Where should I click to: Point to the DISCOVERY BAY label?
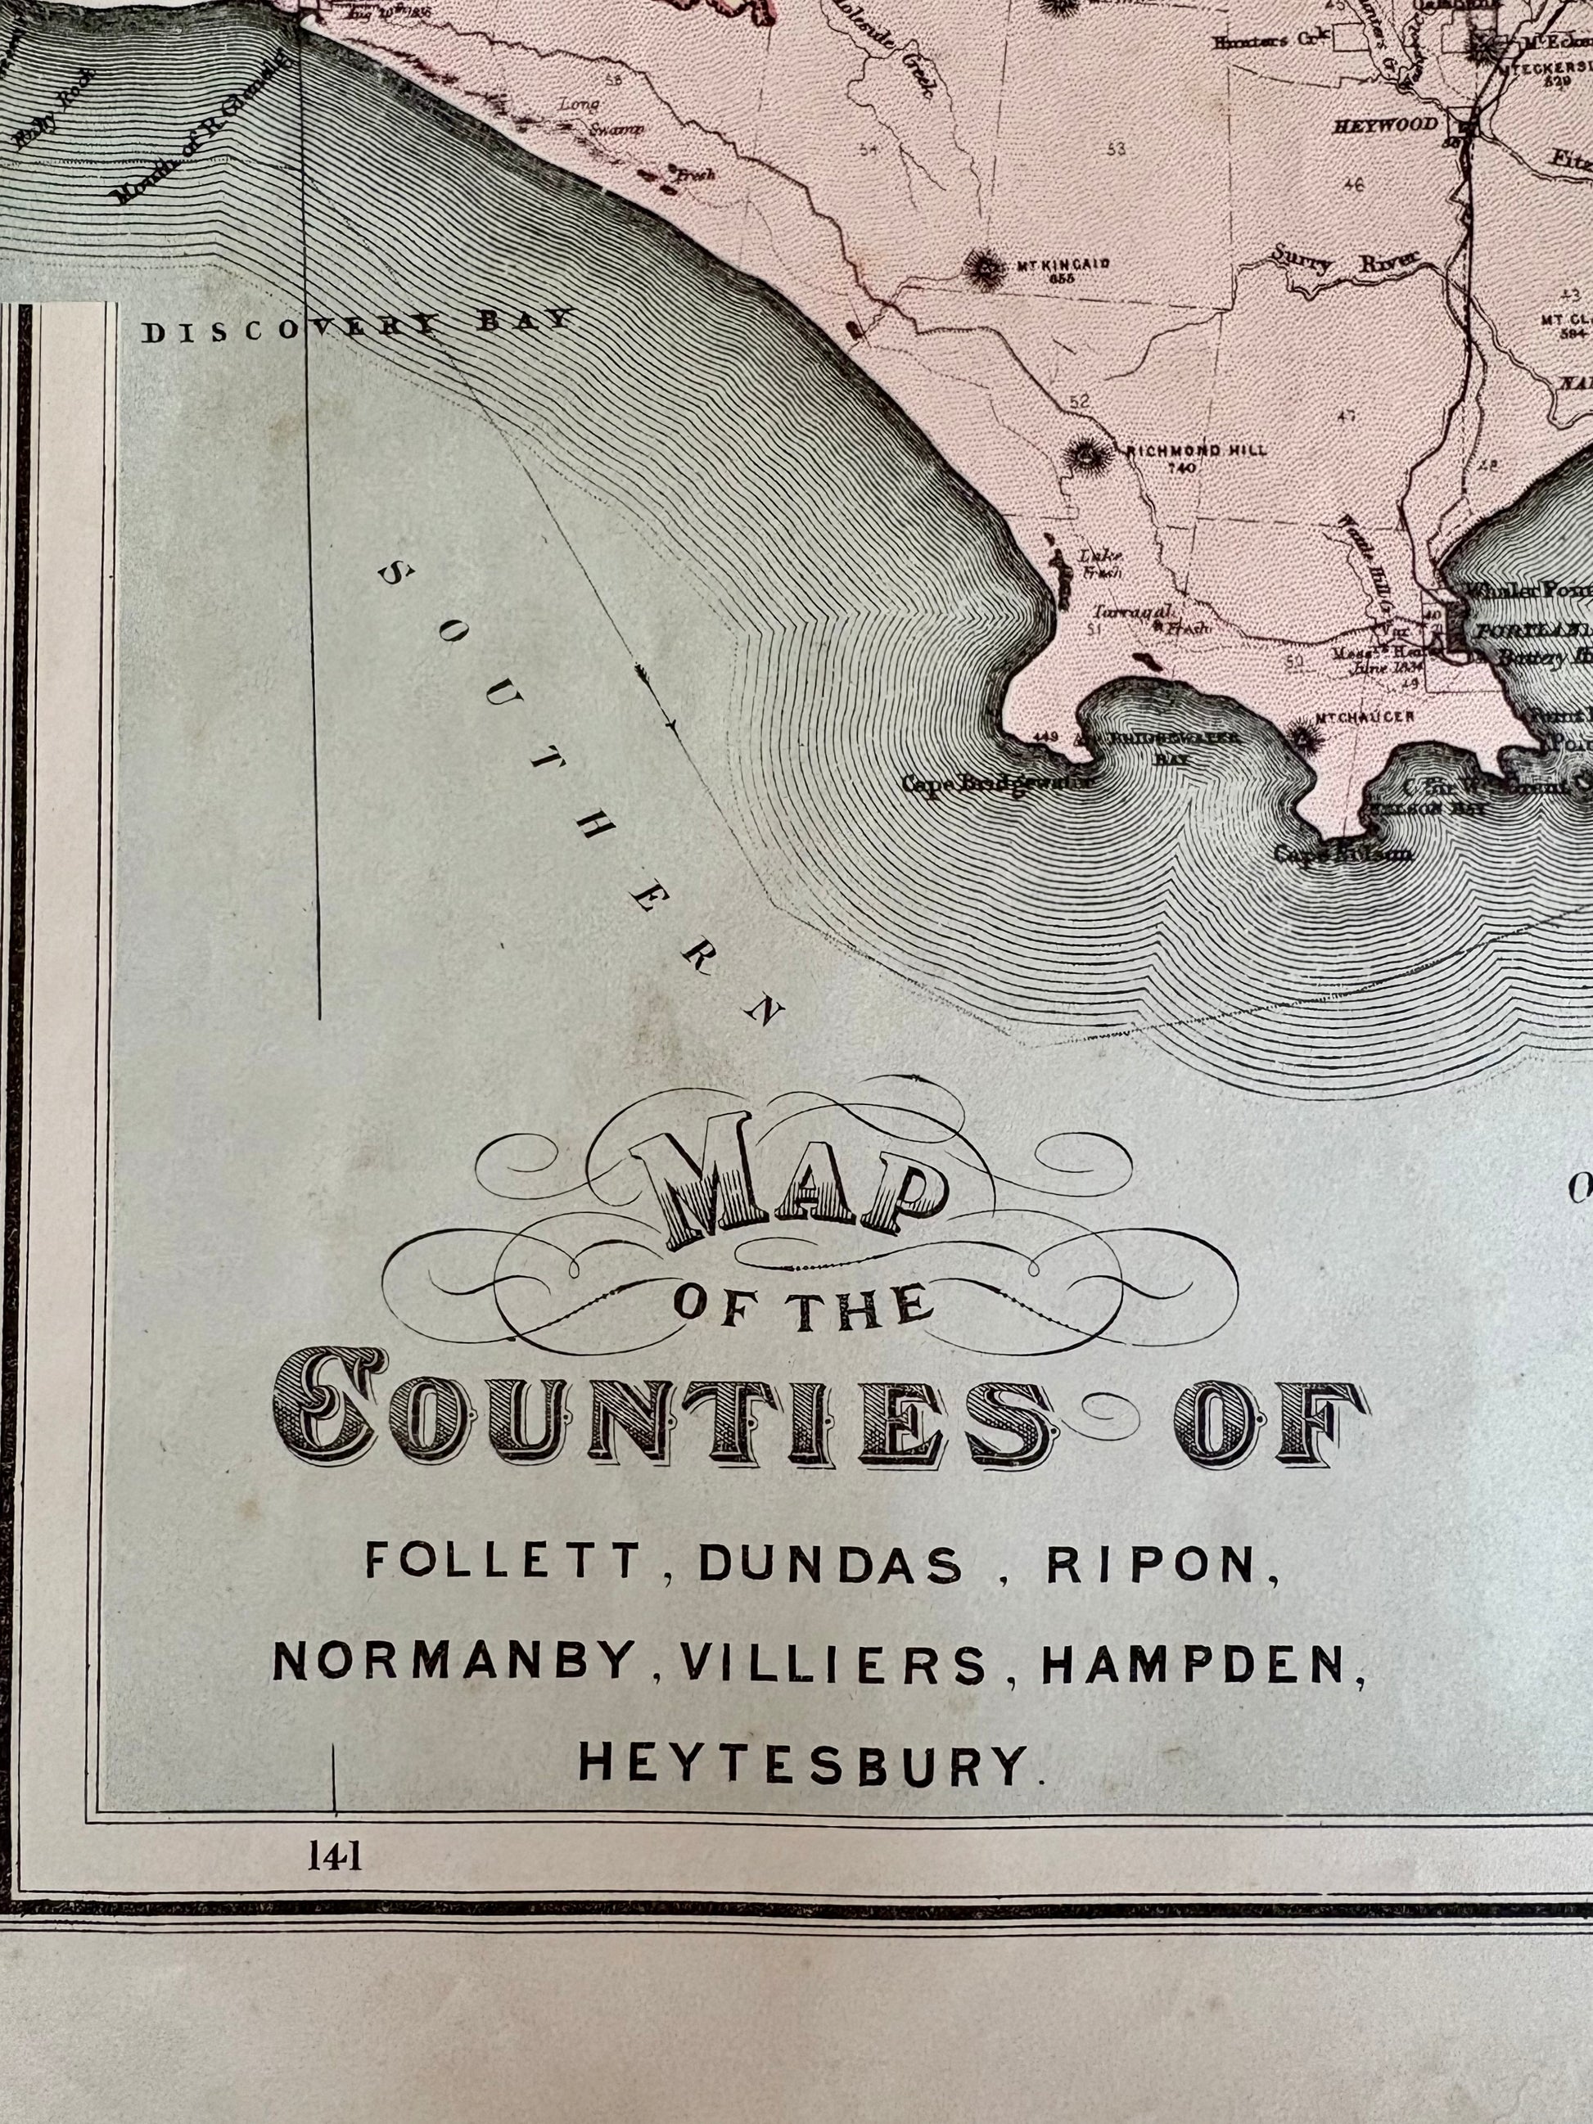[x=357, y=327]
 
